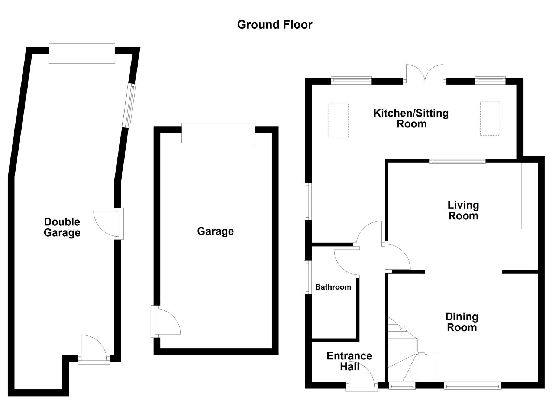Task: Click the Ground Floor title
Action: pyautogui.click(x=275, y=25)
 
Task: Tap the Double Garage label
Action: pyautogui.click(x=62, y=227)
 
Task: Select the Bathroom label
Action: pyautogui.click(x=333, y=287)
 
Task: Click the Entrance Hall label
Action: pyautogui.click(x=349, y=361)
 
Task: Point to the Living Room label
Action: pyautogui.click(x=463, y=211)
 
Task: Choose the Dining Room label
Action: pyautogui.click(x=462, y=322)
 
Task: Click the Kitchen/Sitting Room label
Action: pyautogui.click(x=411, y=118)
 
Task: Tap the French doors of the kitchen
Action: pyautogui.click(x=425, y=74)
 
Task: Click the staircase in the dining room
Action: pyautogui.click(x=405, y=351)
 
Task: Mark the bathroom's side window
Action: pyautogui.click(x=308, y=277)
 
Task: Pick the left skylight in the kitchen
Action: pyautogui.click(x=338, y=121)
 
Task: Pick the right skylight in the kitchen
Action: pyautogui.click(x=490, y=118)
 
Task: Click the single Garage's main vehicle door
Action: pyautogui.click(x=218, y=133)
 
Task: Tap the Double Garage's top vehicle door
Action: pyautogui.click(x=82, y=54)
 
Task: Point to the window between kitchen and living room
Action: pyautogui.click(x=457, y=162)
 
